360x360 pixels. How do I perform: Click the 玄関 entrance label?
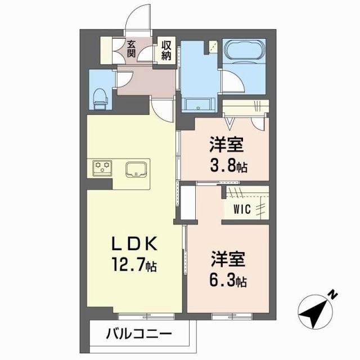coord(131,49)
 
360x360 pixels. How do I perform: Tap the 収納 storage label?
coord(166,49)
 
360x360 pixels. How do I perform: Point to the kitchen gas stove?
coord(102,167)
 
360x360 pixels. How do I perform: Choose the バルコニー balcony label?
coord(138,335)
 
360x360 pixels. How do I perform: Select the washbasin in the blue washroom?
coord(197,104)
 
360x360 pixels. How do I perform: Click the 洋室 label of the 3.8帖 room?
coord(227,146)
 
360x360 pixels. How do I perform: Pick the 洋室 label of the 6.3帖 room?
coord(227,260)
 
